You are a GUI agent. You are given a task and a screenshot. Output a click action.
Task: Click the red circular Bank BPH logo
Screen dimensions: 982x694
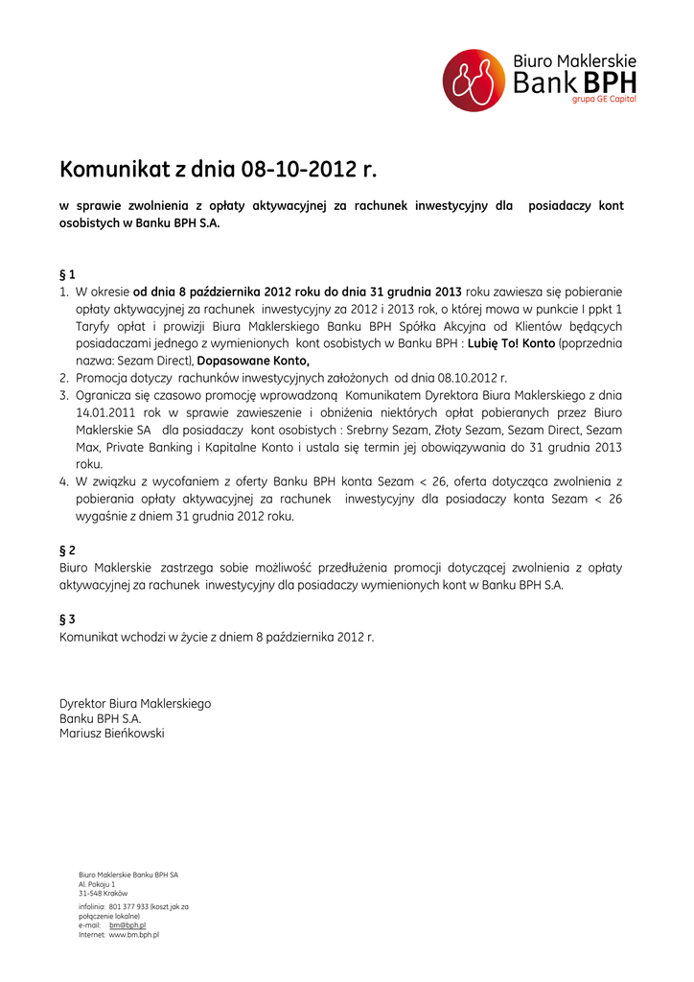click(474, 81)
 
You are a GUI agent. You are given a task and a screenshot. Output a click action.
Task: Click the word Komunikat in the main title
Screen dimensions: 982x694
click(114, 171)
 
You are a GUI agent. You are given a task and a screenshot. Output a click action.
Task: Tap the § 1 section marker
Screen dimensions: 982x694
click(67, 273)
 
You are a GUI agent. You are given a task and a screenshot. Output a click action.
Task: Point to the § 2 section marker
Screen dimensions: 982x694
click(67, 550)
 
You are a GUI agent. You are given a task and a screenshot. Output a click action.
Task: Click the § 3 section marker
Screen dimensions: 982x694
click(67, 620)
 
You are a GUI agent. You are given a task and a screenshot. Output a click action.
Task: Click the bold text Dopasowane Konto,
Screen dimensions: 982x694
click(253, 361)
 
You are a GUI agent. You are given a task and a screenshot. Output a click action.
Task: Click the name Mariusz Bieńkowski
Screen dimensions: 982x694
click(112, 734)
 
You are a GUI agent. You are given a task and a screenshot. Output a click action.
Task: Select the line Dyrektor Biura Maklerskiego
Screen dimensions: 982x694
click(135, 704)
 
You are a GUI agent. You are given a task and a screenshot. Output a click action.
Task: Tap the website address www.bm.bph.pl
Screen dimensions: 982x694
click(133, 934)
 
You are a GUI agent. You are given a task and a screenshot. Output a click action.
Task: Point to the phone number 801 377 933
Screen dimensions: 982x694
click(129, 906)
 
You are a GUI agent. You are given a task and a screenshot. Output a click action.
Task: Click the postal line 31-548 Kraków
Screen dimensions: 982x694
click(103, 893)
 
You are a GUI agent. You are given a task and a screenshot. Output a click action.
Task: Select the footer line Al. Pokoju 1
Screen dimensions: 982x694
click(97, 884)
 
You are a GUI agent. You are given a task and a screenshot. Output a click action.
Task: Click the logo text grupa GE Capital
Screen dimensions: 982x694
click(604, 99)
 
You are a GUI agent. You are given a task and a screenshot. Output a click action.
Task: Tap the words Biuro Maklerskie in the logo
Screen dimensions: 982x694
click(574, 61)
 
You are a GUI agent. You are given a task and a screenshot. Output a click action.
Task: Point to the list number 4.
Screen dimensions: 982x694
click(63, 481)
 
